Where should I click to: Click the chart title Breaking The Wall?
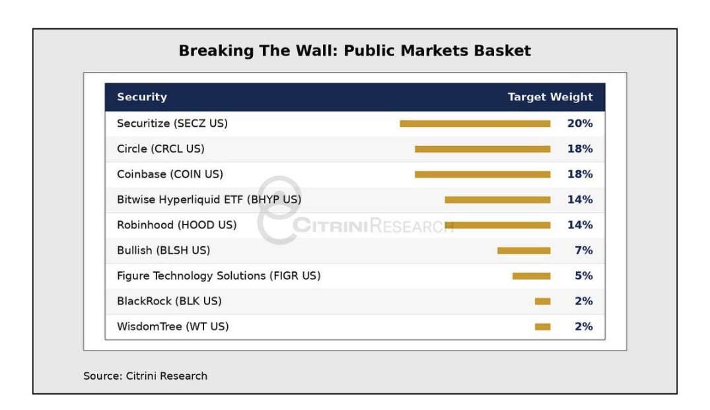point(355,50)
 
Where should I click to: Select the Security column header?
point(142,97)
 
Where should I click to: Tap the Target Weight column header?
point(550,97)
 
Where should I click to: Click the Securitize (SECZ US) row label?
point(172,123)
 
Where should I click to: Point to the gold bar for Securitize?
point(475,123)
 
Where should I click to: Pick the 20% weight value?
point(580,123)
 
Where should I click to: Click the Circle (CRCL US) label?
point(160,149)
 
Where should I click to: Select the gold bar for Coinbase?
point(483,174)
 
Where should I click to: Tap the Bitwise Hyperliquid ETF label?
point(209,199)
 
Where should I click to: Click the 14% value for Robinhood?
point(580,225)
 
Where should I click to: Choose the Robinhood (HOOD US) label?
point(176,225)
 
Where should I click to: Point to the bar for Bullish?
point(524,251)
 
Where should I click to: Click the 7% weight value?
point(584,250)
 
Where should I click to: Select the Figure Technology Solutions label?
point(219,275)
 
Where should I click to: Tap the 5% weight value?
point(584,275)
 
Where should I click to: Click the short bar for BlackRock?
point(542,301)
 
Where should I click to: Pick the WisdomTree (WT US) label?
point(172,326)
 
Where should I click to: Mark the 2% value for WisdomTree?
point(584,326)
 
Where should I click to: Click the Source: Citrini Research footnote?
point(145,376)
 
